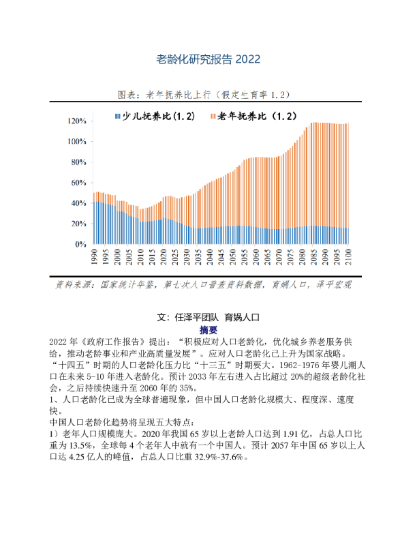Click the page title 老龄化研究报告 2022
click(208, 59)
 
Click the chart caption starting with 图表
click(208, 94)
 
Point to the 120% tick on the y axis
click(76, 121)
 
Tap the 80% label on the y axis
click(78, 162)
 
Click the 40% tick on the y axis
click(78, 203)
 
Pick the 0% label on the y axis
click(80, 244)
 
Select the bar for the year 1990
click(95, 218)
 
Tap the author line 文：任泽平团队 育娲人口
click(209, 317)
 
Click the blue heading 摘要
click(208, 329)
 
